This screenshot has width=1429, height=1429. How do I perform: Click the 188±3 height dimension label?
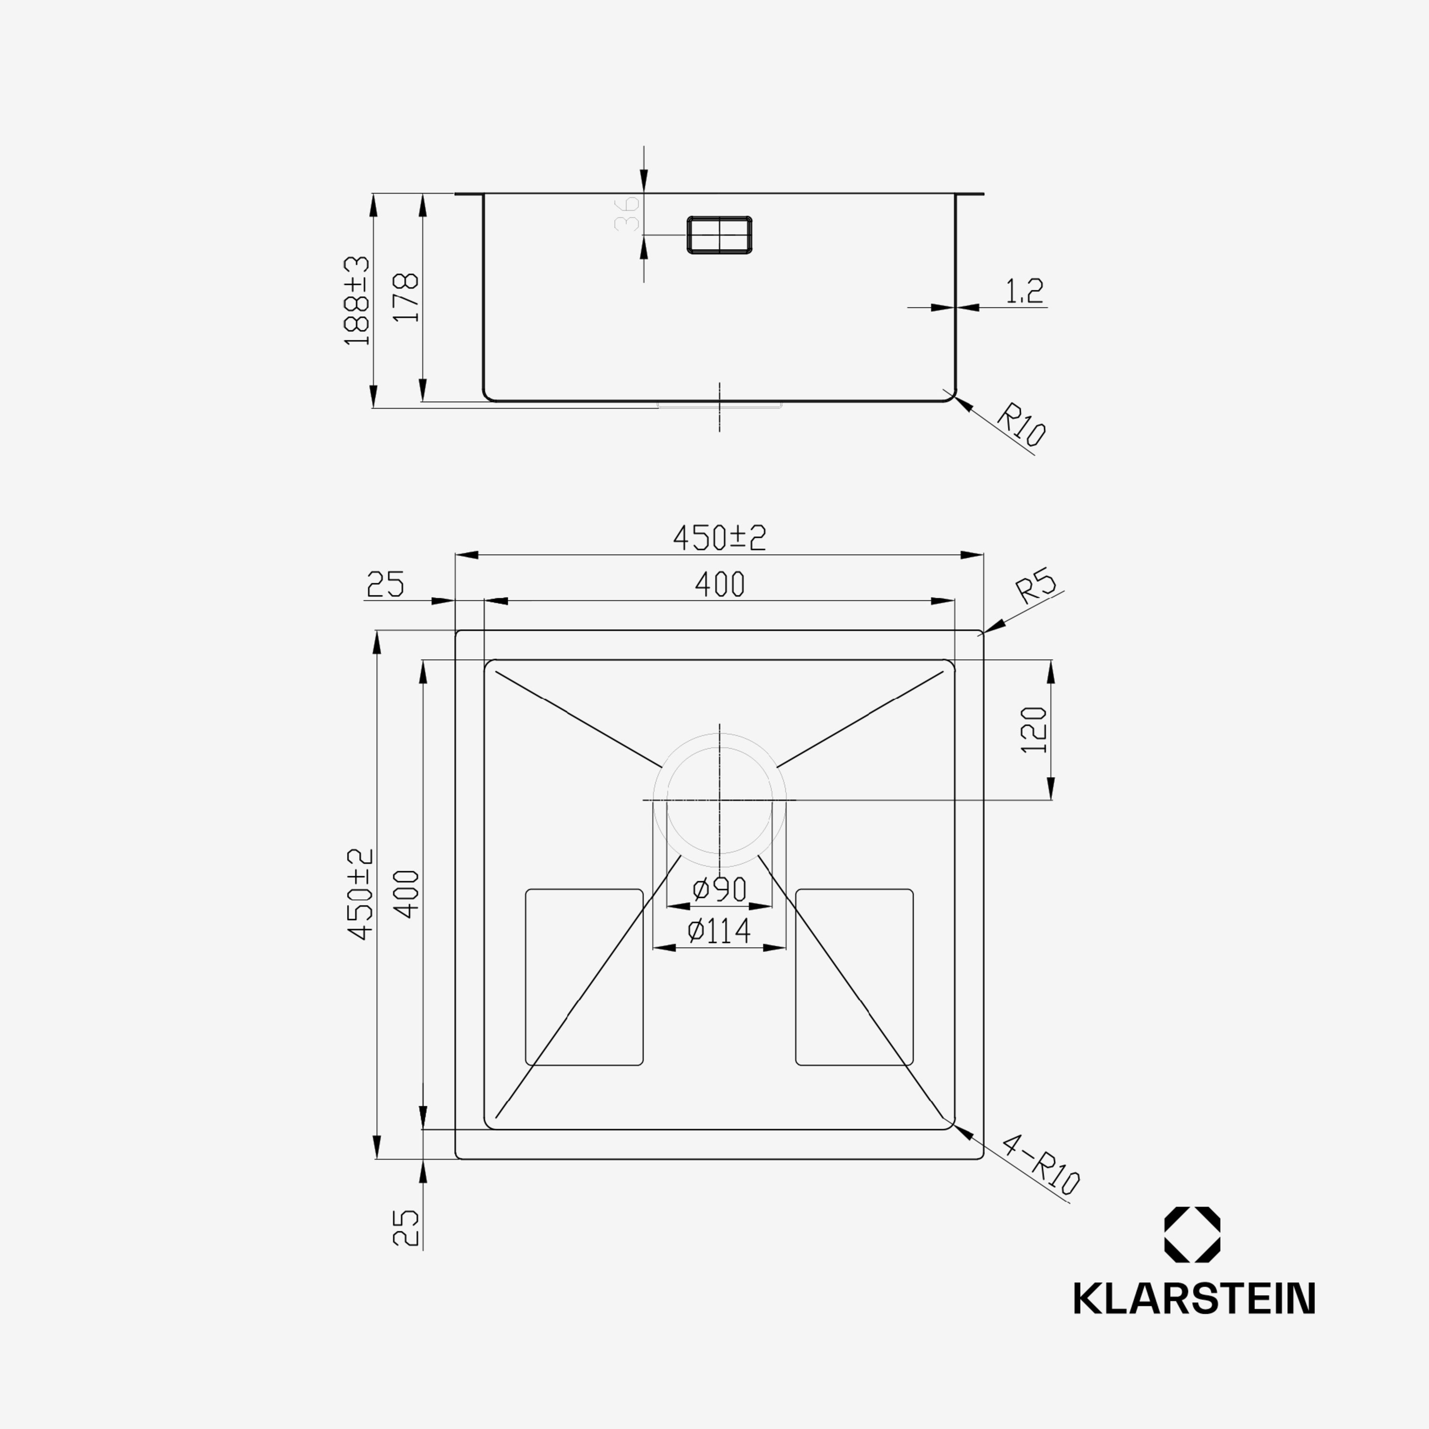coord(357,300)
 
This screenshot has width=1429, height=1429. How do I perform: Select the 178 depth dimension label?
coord(406,297)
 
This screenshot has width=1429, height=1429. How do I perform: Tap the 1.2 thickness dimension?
coord(1025,292)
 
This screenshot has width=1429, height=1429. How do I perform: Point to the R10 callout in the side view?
coord(1021,425)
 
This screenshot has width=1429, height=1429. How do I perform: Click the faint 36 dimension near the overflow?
coord(627,213)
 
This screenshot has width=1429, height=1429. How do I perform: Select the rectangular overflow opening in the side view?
coord(720,235)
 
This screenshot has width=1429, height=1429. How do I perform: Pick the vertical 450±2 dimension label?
coord(361,894)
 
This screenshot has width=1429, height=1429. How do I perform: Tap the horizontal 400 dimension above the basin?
coord(720,584)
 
